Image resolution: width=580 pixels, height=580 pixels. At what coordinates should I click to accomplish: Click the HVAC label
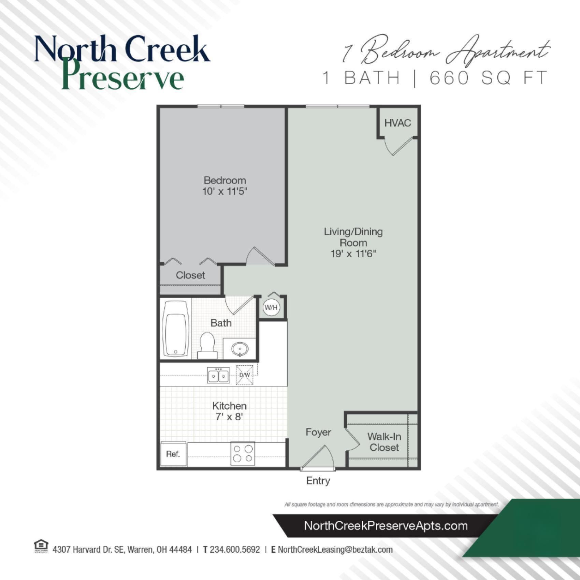pos(397,123)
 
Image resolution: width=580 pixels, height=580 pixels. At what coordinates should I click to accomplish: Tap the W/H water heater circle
pos(271,308)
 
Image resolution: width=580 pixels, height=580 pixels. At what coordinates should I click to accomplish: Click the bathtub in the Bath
pos(176,328)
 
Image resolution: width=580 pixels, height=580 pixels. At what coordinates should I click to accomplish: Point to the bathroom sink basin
pos(240,349)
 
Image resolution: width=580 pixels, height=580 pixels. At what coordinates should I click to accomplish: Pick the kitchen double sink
pos(219,376)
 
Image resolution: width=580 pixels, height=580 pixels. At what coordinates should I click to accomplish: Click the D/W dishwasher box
pos(245,375)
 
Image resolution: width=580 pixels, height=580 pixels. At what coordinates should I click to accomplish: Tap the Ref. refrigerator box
pos(173,454)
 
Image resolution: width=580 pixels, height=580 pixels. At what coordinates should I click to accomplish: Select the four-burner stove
pos(243,453)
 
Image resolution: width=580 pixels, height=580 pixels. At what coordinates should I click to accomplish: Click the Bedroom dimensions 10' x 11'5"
pos(224,191)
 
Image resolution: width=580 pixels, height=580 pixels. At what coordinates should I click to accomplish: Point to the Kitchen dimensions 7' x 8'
pos(229,417)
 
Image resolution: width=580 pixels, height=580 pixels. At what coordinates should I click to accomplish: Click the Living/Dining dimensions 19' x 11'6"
pos(353,254)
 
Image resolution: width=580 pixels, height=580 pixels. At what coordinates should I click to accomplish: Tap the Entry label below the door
pos(318,481)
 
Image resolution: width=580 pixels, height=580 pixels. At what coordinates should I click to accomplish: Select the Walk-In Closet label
pos(384,442)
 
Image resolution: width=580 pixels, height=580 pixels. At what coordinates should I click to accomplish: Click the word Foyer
pos(318,432)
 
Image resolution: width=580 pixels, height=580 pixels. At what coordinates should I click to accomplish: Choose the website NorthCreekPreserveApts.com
pos(386,526)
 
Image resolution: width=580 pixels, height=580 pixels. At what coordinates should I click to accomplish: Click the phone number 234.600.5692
pos(235,550)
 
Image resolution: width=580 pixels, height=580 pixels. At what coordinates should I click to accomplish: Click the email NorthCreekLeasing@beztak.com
pos(335,550)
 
